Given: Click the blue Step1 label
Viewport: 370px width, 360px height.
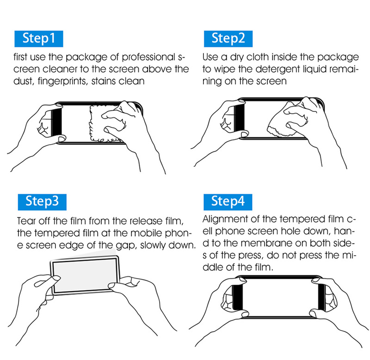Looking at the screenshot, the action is point(39,39).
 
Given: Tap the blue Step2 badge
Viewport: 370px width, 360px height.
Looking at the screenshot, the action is point(228,39).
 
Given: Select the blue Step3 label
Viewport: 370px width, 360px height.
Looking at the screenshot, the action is point(42,202).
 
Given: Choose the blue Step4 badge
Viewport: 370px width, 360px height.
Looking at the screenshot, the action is point(228,202).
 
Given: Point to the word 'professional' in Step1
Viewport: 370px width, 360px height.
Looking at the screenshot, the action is point(148,57).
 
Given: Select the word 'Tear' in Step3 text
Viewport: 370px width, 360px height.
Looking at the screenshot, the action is point(26,221).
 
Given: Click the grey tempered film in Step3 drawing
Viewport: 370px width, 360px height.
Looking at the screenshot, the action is point(85,275).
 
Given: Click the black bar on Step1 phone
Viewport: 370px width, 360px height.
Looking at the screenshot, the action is point(56,122).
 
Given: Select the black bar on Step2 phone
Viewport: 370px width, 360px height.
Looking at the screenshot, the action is point(239,118).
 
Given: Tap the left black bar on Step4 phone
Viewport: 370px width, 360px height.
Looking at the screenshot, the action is point(238,297).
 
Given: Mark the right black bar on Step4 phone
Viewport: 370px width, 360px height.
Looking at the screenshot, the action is point(321,297).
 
